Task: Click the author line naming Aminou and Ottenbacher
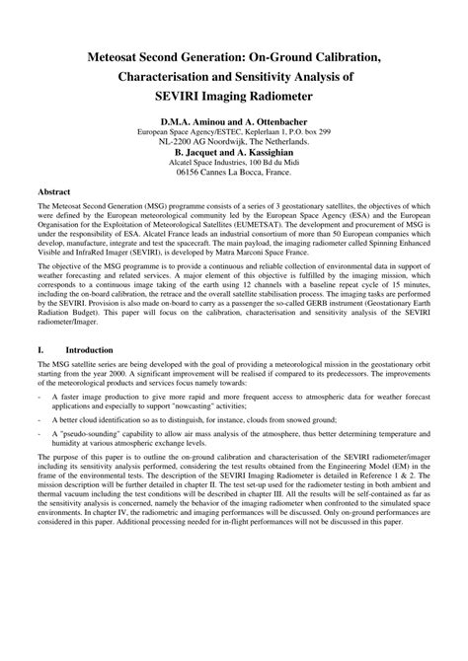(x=233, y=120)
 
